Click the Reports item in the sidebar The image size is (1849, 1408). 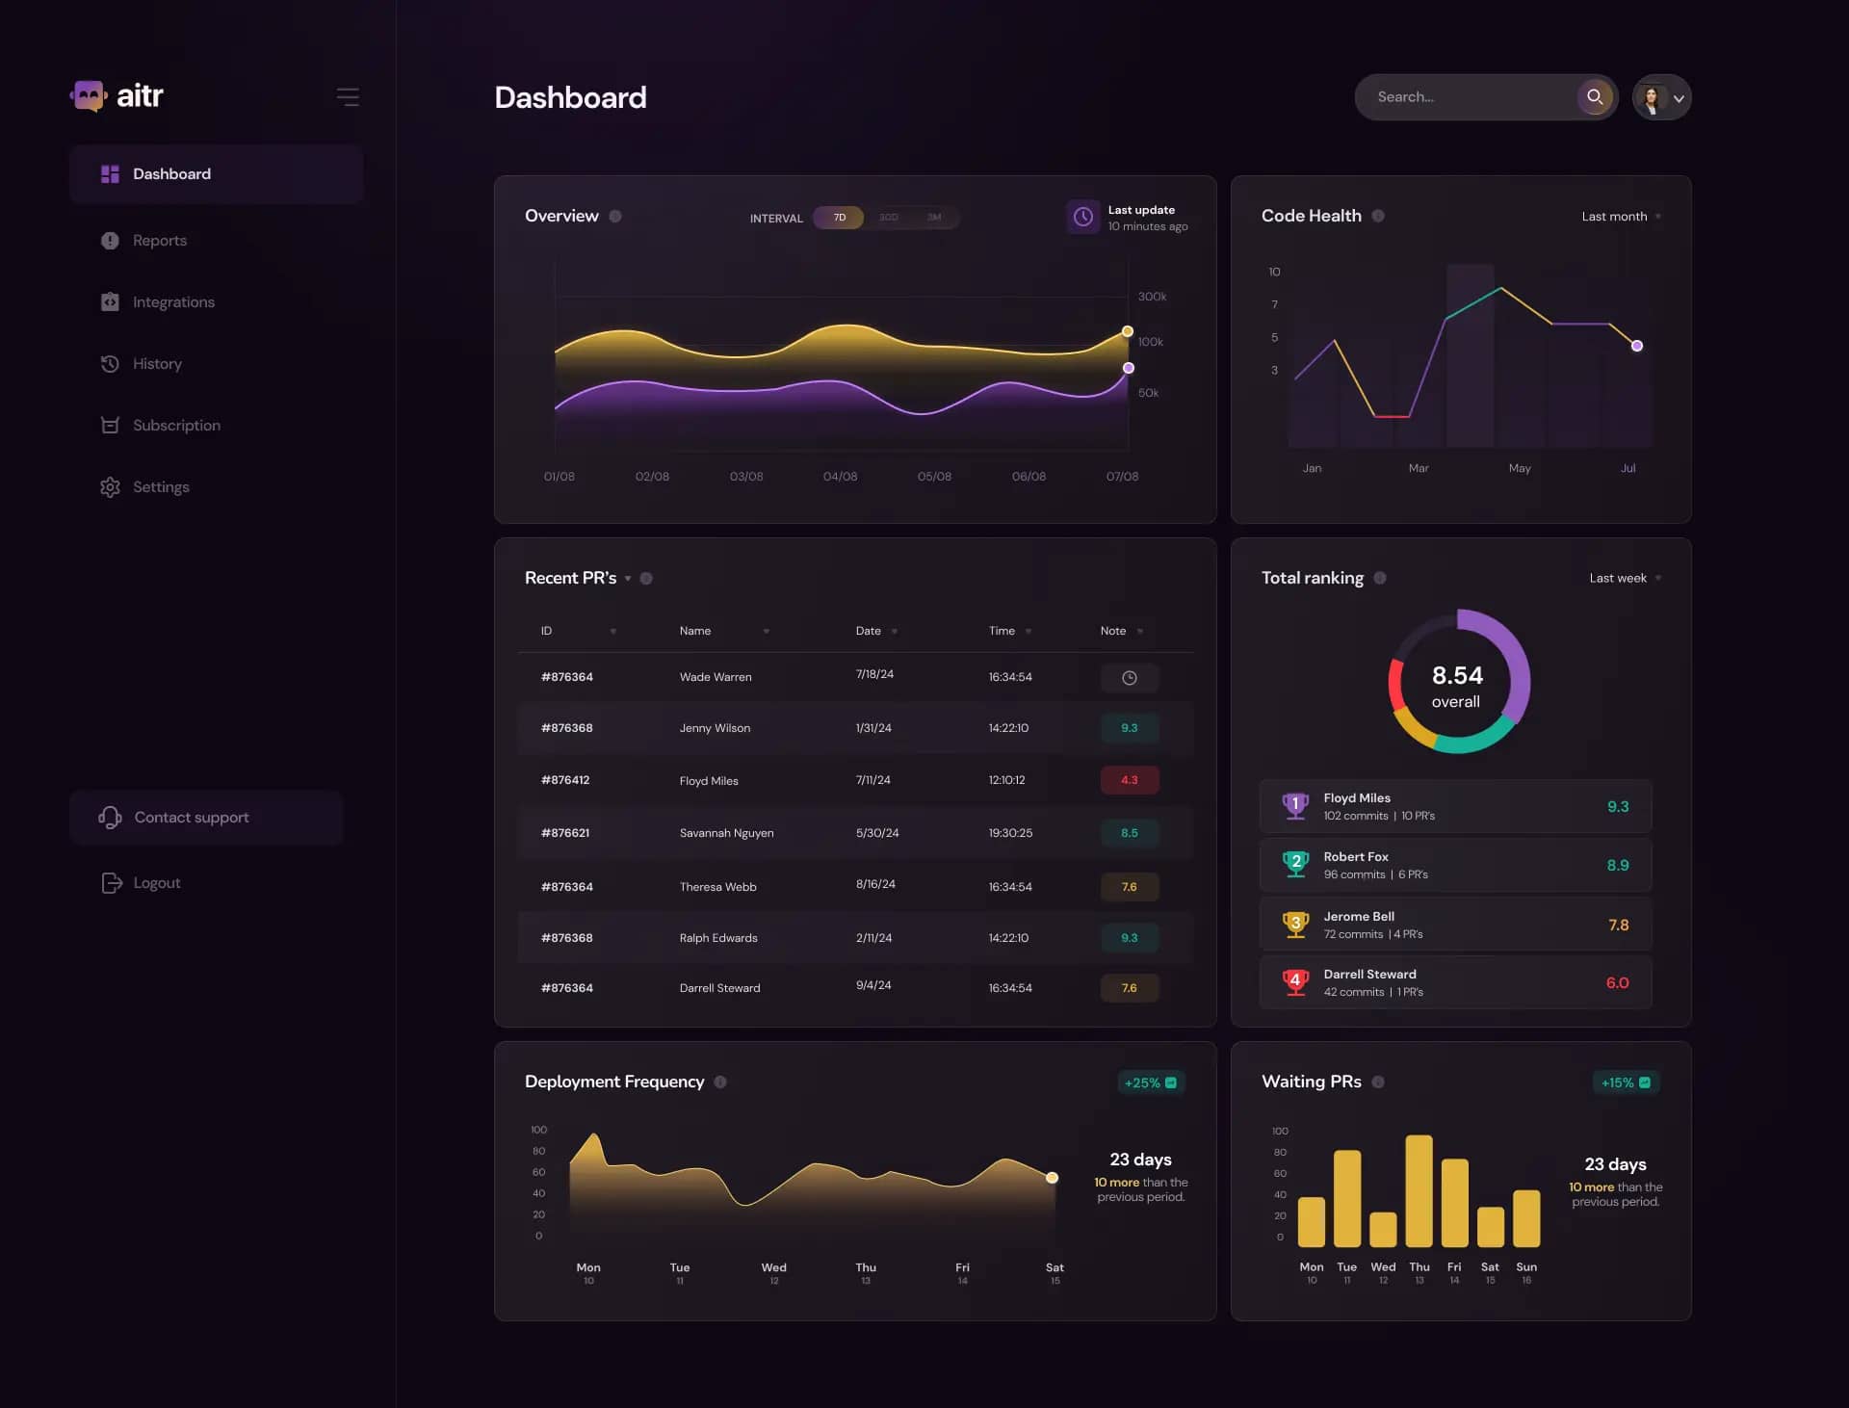[159, 241]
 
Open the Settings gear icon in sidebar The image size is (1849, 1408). [110, 487]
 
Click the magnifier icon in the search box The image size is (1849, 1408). [1595, 97]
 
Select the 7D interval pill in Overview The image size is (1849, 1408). [839, 218]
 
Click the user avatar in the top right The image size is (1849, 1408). [1653, 97]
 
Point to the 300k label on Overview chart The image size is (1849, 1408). [1152, 297]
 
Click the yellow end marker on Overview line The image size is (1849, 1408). [1128, 331]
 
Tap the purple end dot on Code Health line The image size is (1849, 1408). [1636, 346]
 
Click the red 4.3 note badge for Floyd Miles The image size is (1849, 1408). [1129, 780]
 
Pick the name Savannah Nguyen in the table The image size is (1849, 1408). [726, 833]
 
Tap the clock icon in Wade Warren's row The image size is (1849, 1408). [1129, 678]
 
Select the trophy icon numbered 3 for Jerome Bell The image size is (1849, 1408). [1295, 925]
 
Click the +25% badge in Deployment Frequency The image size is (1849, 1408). [1150, 1082]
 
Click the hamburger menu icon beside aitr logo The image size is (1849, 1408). [348, 97]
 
